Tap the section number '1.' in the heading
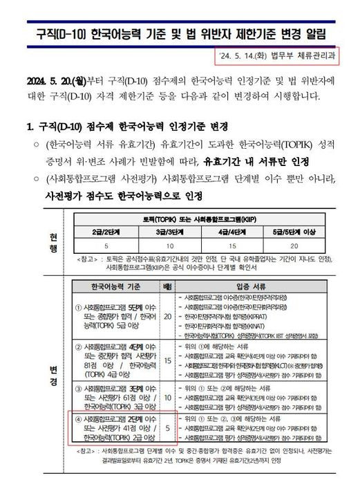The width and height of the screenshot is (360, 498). (30, 129)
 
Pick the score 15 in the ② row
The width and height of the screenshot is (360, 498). (167, 360)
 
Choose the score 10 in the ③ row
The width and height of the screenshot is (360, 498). (167, 398)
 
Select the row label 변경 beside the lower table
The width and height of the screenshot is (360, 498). (53, 374)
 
